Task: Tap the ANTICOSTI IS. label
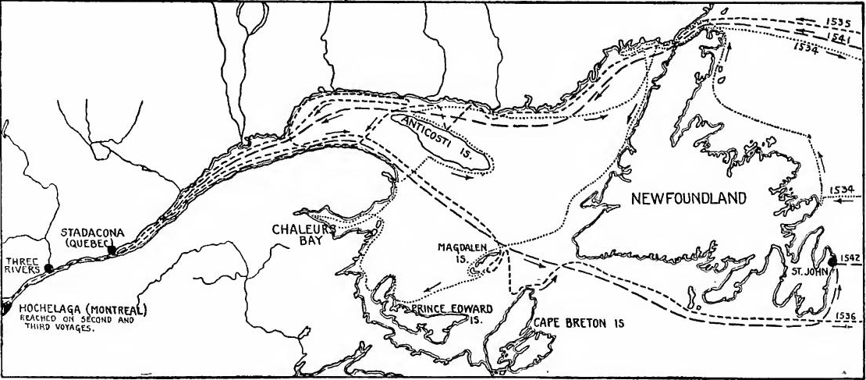[x=442, y=138]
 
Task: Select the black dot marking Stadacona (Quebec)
[x=112, y=250]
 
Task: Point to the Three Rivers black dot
[x=48, y=268]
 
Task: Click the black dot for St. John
[x=832, y=261]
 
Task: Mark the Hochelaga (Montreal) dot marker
[x=5, y=307]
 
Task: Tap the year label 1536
[x=851, y=314]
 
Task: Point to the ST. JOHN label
[x=803, y=272]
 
